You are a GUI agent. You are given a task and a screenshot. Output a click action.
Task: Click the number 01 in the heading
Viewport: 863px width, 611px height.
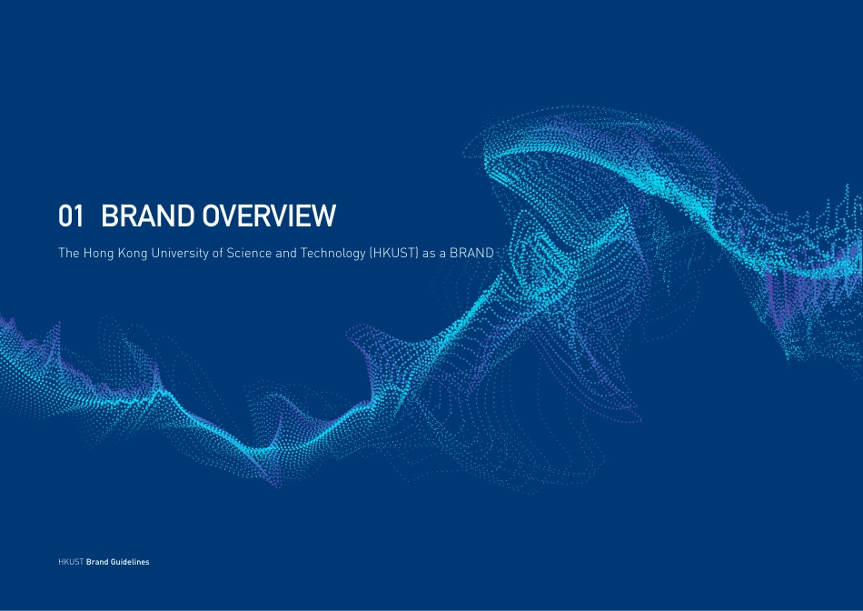coord(71,216)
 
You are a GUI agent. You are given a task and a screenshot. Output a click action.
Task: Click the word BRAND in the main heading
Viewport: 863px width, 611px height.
coord(146,216)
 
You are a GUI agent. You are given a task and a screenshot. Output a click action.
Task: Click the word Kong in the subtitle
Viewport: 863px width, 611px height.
coord(134,254)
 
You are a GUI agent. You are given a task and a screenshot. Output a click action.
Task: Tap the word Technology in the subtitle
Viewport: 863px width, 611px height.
coord(333,254)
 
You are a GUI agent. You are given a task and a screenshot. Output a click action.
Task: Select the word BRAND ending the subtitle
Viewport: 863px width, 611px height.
coord(471,254)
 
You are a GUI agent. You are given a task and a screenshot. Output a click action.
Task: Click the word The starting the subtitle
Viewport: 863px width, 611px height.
coord(69,254)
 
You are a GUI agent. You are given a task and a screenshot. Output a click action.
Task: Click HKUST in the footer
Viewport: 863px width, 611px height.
coord(70,562)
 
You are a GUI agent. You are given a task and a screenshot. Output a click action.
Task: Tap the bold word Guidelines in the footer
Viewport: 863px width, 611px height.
coord(130,562)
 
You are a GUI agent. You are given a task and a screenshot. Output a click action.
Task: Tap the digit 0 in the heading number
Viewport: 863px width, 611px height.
coord(65,216)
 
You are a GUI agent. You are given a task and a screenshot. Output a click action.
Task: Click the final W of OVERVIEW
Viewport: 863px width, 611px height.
coord(324,216)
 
